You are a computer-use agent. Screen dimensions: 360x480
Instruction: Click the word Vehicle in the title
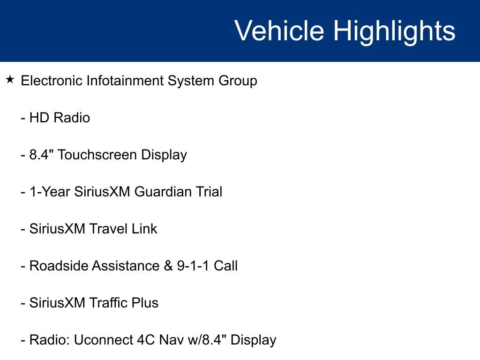click(279, 31)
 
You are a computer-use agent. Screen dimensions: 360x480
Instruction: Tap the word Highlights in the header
click(394, 31)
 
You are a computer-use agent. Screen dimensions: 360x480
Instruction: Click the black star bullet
click(10, 80)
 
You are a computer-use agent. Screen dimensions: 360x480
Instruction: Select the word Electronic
click(52, 81)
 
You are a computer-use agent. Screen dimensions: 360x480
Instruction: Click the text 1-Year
click(50, 192)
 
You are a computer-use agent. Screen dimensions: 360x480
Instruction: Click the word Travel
click(108, 229)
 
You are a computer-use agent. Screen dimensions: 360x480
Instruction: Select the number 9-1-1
click(193, 266)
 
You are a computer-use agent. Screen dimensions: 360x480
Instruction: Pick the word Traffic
click(108, 303)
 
